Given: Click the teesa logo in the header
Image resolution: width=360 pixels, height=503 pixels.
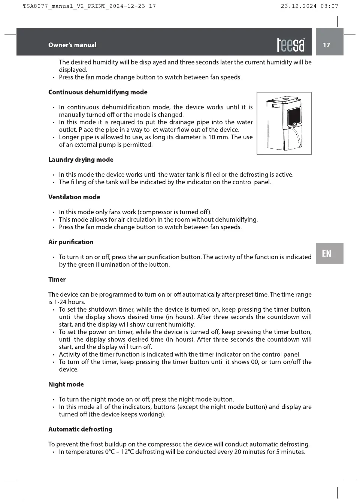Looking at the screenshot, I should click(291, 45).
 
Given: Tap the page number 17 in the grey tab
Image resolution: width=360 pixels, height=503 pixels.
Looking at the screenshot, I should click(327, 45).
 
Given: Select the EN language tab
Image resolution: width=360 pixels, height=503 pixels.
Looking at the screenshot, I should click(327, 254).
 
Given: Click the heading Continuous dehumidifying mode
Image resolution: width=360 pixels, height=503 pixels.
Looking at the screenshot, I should click(98, 92).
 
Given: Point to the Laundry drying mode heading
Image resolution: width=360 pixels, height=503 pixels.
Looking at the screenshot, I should click(81, 160).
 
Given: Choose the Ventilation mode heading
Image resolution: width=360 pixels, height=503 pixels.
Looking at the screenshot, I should click(74, 197).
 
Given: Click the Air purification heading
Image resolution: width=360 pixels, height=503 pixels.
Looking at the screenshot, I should click(71, 242).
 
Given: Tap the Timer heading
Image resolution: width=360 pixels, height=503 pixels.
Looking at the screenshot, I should click(57, 279).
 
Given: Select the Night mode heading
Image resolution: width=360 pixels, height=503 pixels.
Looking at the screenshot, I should click(66, 384).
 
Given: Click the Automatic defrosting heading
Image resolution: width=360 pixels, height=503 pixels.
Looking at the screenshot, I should click(80, 429).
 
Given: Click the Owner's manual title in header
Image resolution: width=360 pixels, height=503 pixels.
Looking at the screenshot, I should click(72, 45).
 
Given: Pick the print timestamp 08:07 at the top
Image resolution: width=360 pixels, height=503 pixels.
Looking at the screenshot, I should click(329, 6).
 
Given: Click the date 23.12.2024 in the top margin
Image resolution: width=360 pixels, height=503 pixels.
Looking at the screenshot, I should click(299, 6).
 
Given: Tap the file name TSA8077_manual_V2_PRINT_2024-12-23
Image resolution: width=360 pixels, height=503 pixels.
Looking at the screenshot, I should click(84, 6).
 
